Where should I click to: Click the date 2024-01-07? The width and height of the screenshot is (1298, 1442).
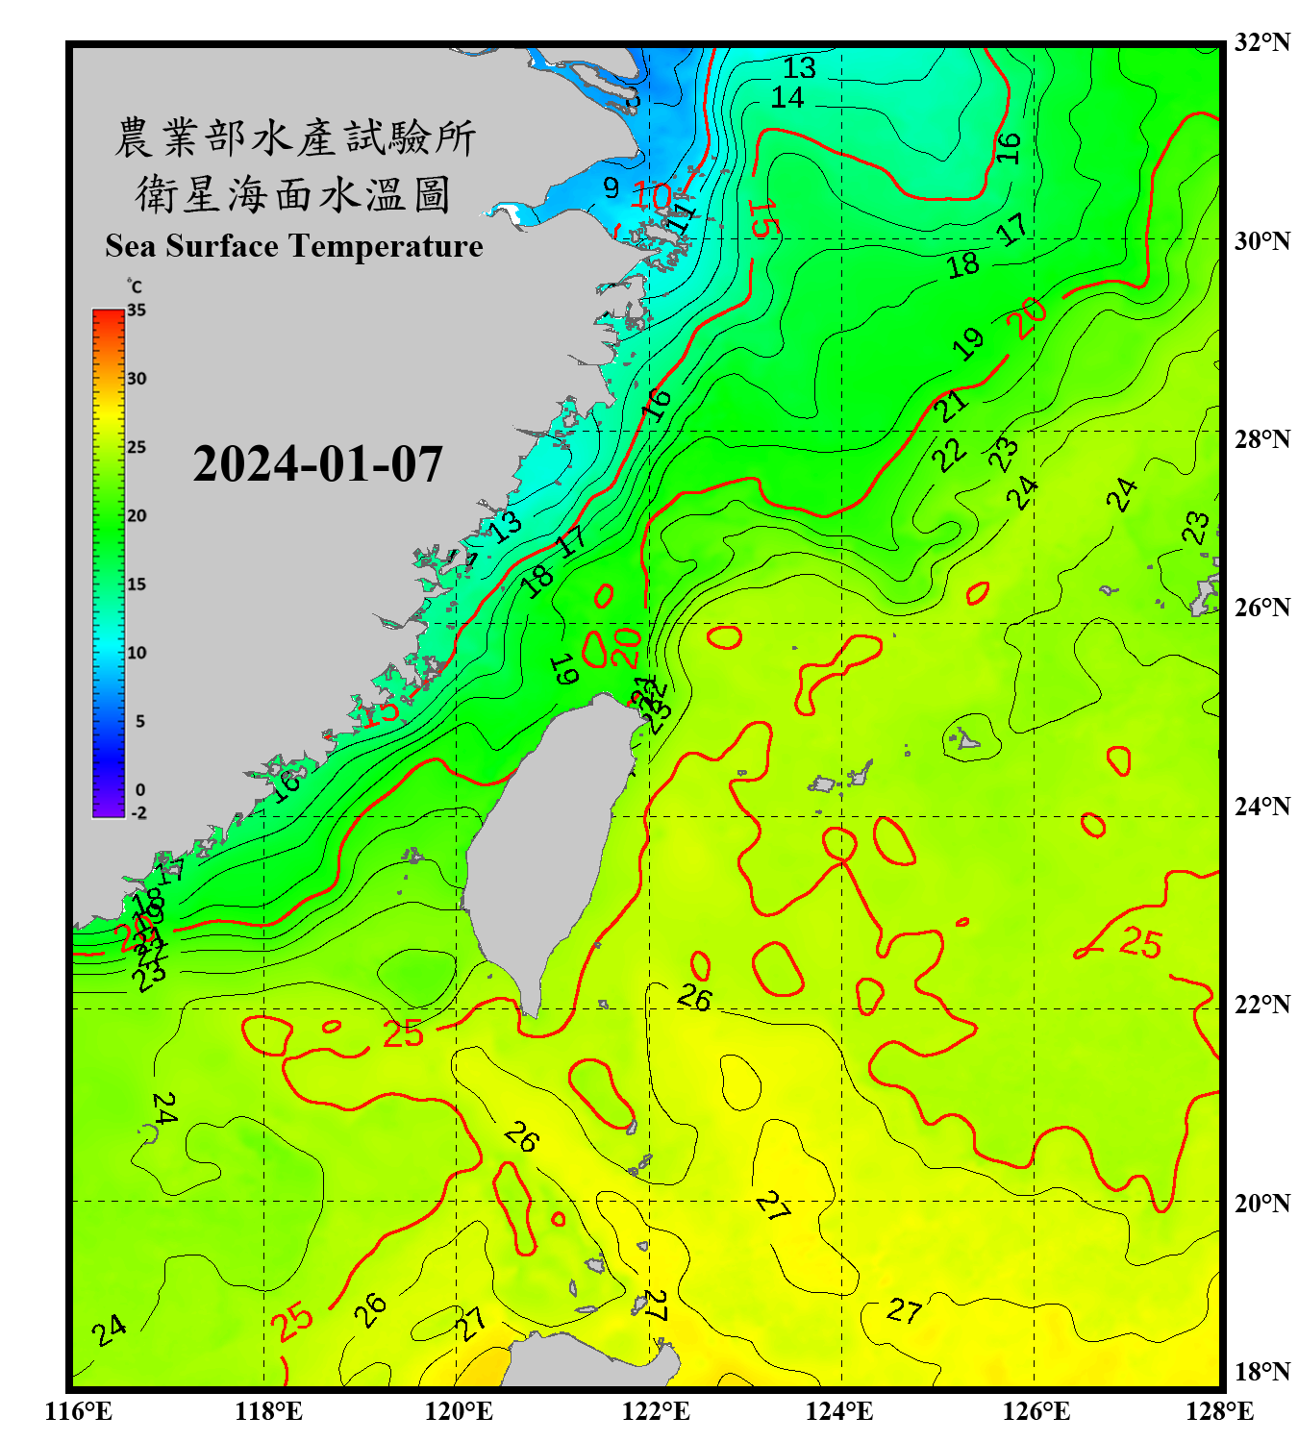coord(317,464)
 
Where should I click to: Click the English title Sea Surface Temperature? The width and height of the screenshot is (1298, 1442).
coord(293,246)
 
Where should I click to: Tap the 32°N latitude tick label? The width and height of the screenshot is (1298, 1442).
coord(1261,42)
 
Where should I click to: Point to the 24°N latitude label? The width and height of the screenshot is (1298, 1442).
coord(1261,806)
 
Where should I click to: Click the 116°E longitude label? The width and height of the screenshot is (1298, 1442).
coord(79,1411)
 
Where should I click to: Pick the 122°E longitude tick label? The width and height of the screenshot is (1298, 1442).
coord(656,1411)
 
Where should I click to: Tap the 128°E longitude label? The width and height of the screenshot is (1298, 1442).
coord(1219,1411)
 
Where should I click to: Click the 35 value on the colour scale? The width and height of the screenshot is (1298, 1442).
coord(137,311)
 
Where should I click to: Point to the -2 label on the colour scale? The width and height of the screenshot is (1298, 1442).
coord(138,812)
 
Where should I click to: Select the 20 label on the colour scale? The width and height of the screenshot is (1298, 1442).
coord(137,516)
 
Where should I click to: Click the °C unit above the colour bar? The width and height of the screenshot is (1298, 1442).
coord(135,286)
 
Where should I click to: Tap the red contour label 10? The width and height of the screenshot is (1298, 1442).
coord(651,196)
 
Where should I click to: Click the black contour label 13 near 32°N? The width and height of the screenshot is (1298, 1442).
coord(799,68)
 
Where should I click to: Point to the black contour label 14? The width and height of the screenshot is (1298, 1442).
coord(786,97)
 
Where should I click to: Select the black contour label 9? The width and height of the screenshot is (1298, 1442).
coord(612,187)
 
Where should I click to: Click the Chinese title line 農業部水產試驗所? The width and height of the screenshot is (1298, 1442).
coord(294,138)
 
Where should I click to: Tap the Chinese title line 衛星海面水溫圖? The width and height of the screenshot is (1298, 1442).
coord(293,195)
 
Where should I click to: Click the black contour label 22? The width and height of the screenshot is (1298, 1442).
coord(950,454)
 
